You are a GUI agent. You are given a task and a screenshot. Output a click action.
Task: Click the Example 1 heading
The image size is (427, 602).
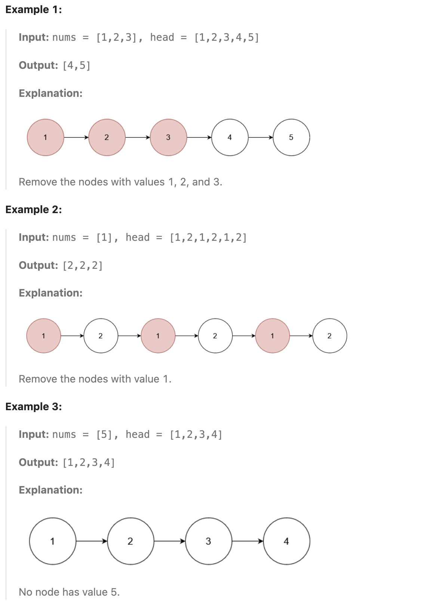34,10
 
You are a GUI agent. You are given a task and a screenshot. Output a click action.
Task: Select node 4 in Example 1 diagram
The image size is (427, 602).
230,138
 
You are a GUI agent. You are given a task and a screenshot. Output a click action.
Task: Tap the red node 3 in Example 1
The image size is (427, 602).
168,138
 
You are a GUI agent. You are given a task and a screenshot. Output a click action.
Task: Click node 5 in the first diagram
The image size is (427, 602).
291,138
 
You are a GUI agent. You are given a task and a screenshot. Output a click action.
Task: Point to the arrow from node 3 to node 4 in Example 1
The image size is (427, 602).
199,138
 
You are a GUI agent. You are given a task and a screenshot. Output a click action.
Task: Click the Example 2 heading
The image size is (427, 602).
34,210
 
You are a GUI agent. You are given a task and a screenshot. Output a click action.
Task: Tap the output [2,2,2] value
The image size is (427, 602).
83,265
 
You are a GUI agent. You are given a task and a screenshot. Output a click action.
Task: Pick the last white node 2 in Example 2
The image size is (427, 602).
329,336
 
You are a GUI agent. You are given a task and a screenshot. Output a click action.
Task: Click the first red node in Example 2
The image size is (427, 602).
44,336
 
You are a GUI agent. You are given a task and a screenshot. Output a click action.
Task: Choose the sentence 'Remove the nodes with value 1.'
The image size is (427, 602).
95,379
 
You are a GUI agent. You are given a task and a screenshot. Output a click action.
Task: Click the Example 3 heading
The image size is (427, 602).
34,407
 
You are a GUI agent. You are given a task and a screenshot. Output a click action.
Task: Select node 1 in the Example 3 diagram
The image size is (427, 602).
53,541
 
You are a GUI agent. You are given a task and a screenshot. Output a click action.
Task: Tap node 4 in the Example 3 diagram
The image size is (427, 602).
286,541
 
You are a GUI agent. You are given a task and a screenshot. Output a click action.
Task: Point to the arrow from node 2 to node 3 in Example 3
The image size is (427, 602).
170,541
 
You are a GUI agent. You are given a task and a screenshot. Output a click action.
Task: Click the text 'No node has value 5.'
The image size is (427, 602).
69,592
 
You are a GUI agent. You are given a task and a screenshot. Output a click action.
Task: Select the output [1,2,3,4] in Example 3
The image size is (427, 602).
89,463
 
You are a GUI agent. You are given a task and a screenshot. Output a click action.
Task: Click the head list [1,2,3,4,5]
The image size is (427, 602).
227,38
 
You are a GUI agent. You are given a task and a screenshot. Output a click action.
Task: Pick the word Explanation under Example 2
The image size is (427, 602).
50,293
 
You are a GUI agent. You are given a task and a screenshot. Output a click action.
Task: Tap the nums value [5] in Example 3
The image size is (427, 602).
105,434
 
